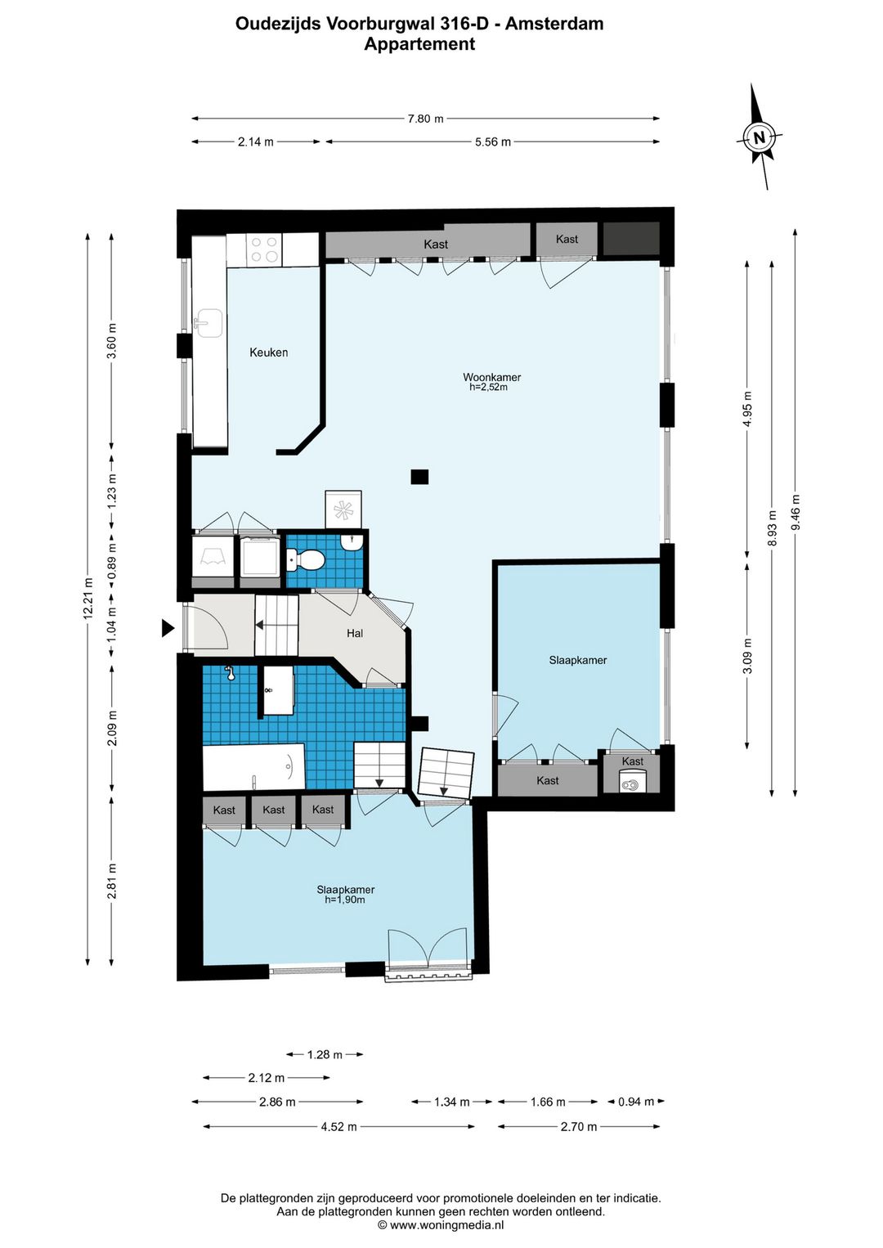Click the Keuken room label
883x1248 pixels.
268,352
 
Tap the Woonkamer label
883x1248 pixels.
491,377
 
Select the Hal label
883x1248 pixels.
355,633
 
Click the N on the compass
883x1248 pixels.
759,137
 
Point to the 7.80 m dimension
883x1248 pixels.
426,119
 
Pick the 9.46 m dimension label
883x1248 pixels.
795,513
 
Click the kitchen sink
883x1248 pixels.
208,323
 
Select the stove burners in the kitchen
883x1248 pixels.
264,249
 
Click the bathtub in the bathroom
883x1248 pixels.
253,767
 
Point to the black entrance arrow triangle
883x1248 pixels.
168,628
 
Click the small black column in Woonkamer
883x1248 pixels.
419,476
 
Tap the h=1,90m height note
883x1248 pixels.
345,900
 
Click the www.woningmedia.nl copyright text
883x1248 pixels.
441,1225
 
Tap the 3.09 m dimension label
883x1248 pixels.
747,656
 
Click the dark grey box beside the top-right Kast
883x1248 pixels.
631,239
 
